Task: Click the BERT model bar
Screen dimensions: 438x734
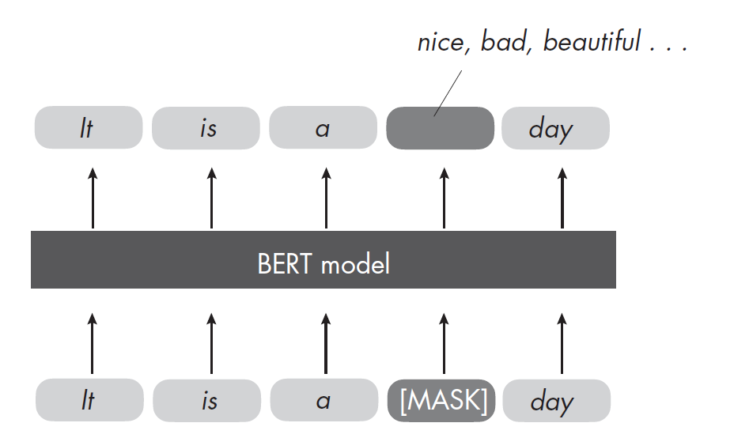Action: [323, 260]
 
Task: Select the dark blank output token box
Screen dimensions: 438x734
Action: [440, 128]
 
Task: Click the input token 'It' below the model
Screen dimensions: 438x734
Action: [89, 401]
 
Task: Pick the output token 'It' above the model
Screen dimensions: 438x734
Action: [89, 128]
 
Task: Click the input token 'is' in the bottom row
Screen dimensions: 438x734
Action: [207, 401]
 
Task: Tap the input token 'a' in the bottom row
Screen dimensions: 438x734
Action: [323, 401]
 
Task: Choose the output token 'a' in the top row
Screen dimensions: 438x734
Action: [323, 128]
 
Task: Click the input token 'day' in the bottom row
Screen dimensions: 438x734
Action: [556, 401]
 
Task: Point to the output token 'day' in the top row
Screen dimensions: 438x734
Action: [555, 128]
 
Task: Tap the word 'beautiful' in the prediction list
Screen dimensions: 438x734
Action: [592, 42]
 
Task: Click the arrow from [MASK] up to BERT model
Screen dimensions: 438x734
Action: [444, 343]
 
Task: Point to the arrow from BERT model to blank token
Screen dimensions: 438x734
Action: [444, 198]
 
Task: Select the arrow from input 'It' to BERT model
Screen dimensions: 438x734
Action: [93, 343]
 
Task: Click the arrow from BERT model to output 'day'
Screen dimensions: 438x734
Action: [562, 198]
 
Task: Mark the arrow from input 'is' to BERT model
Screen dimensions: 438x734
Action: [210, 343]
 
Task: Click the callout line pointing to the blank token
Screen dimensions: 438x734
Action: [448, 92]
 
